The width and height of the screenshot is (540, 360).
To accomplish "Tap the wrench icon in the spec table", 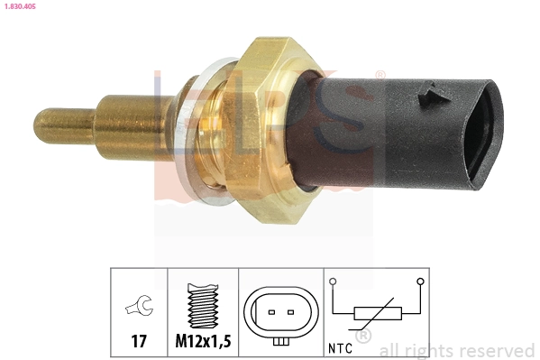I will coord(139,307).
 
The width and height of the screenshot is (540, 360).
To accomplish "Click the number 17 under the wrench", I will coord(139,343).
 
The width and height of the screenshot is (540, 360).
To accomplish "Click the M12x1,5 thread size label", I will coord(203,343).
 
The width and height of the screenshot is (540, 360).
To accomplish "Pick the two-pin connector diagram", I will coord(280,315).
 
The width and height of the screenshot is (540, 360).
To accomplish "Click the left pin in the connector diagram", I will coord(270,313).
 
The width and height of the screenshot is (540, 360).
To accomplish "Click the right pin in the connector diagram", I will coord(291,313).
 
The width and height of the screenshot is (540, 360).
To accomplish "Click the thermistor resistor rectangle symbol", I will coord(376,314).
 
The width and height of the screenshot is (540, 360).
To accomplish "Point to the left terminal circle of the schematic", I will coord(334,282).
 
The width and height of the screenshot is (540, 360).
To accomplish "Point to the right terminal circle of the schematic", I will coord(419,282).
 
